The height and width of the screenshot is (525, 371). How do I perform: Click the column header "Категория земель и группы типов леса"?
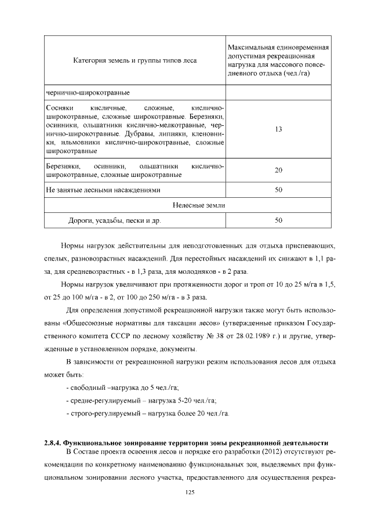pyautogui.click(x=134, y=60)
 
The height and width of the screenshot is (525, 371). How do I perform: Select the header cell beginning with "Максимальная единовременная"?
pyautogui.click(x=278, y=60)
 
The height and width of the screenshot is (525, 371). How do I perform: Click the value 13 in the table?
pyautogui.click(x=278, y=129)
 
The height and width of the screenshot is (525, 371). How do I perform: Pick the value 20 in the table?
pyautogui.click(x=278, y=170)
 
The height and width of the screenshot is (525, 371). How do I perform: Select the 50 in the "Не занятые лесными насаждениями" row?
pyautogui.click(x=278, y=190)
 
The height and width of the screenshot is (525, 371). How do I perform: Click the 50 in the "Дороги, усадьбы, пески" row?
pyautogui.click(x=278, y=220)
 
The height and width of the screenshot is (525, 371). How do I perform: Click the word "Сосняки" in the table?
pyautogui.click(x=58, y=108)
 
